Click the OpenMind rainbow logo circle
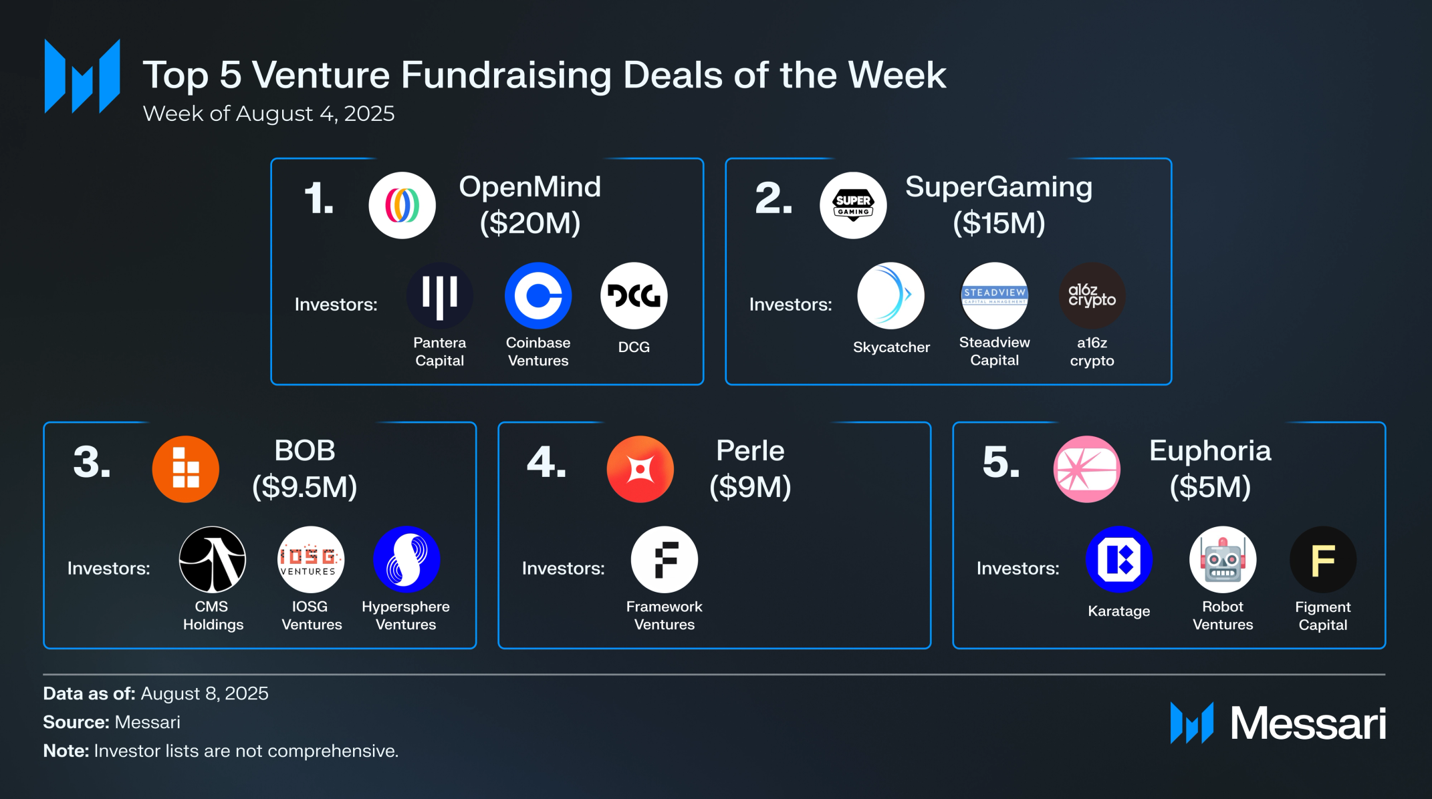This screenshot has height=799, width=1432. [x=402, y=205]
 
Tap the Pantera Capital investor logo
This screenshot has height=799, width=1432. [x=439, y=295]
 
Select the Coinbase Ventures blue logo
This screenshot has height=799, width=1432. [x=538, y=295]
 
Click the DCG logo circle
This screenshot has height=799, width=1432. [x=634, y=295]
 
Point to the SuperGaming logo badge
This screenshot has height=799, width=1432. [x=853, y=205]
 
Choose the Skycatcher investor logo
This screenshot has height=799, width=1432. [x=890, y=295]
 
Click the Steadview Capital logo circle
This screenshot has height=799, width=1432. [x=994, y=295]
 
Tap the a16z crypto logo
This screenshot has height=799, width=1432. [x=1092, y=295]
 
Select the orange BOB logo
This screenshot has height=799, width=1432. [x=186, y=469]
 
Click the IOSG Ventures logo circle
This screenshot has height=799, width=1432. [x=311, y=559]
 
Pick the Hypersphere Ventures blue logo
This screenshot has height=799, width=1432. [x=406, y=559]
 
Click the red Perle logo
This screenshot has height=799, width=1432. [x=640, y=469]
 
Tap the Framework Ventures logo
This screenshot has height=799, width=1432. [x=664, y=559]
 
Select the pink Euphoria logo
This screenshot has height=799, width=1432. [x=1086, y=469]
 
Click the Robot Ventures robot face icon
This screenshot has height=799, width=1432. [x=1222, y=559]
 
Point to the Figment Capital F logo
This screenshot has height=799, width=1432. [x=1322, y=559]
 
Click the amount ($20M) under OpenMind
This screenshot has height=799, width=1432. [x=530, y=223]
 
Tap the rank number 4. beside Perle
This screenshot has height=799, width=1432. [x=546, y=462]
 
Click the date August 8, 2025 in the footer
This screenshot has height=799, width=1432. [x=205, y=693]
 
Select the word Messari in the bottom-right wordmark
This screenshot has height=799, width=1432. [x=1308, y=724]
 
